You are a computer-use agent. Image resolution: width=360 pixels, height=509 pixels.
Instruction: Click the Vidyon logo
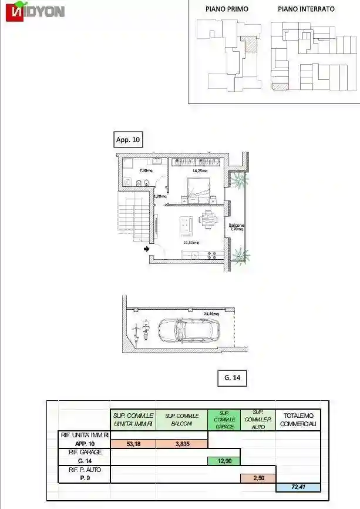35,12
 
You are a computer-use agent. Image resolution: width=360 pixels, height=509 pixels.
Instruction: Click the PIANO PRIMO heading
227,9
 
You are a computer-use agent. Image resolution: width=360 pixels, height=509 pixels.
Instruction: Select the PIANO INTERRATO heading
306,9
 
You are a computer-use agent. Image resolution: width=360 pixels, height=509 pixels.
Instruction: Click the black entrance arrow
146,249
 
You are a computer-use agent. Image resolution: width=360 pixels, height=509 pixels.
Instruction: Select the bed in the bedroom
197,187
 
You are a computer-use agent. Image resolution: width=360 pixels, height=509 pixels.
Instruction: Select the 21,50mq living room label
190,242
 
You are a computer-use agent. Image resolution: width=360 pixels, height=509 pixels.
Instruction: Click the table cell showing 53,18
133,444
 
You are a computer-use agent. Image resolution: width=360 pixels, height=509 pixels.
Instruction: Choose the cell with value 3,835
182,444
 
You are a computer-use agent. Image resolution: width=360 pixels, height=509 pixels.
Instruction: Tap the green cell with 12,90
224,461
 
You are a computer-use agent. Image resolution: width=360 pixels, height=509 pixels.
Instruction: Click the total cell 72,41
298,487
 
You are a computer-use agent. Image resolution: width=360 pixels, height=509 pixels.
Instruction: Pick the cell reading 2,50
258,478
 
